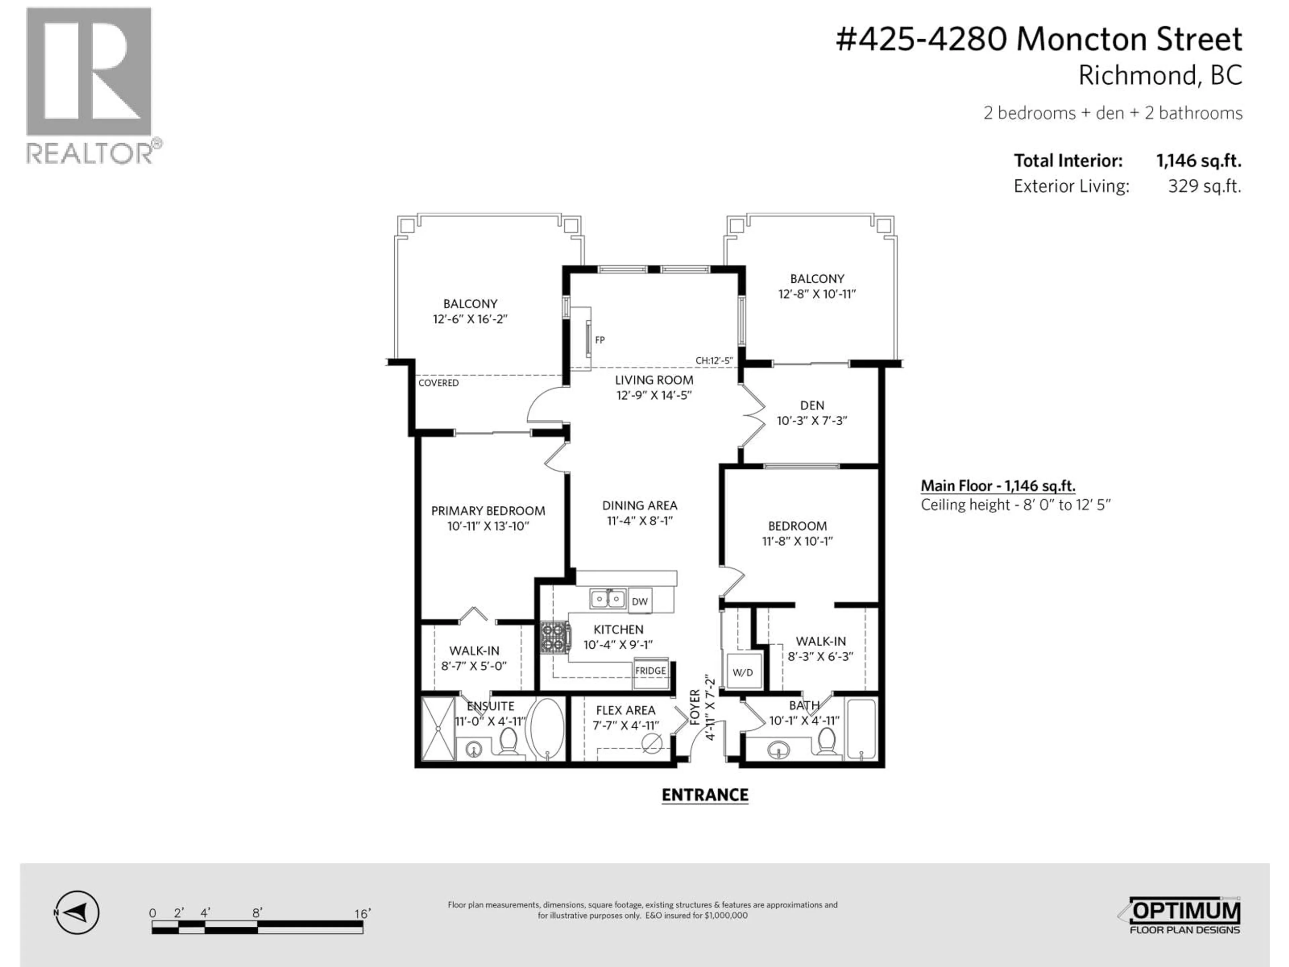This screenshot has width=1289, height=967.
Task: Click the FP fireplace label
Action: click(600, 340)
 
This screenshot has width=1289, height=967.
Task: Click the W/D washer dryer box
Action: click(743, 672)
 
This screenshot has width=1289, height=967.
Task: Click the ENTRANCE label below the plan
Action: click(705, 795)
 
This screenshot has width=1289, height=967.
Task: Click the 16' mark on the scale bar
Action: click(362, 913)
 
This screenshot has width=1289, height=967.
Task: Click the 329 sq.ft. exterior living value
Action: click(1204, 186)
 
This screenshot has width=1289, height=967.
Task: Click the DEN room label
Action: click(812, 405)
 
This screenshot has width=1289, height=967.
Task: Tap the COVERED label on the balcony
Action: click(438, 383)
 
